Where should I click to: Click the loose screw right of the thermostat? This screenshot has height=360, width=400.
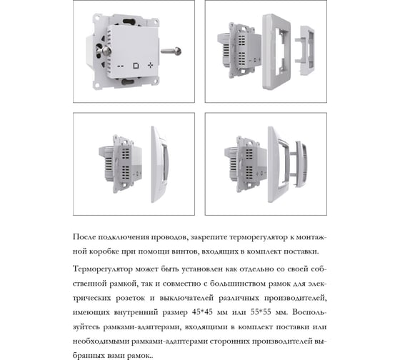pyautogui.click(x=171, y=51)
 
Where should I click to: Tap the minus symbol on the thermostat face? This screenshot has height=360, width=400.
pyautogui.click(x=121, y=66)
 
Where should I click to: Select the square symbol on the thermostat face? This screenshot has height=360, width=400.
pyautogui.click(x=136, y=66)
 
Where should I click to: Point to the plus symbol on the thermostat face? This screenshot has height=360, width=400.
pyautogui.click(x=150, y=65)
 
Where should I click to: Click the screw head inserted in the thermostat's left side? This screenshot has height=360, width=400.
pyautogui.click(x=106, y=51)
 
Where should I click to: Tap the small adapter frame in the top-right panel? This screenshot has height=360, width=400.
pyautogui.click(x=305, y=50)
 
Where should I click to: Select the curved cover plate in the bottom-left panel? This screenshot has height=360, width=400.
pyautogui.click(x=160, y=164)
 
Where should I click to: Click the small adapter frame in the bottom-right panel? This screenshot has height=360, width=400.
pyautogui.click(x=301, y=164)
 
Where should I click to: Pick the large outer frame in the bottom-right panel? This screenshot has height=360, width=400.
pyautogui.click(x=279, y=164)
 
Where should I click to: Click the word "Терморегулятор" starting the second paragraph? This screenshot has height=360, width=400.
pyautogui.click(x=103, y=269)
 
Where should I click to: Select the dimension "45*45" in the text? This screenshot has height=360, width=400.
pyautogui.click(x=202, y=312)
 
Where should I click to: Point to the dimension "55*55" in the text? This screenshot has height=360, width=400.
pyautogui.click(x=261, y=312)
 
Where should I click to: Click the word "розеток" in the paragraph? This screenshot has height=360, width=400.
pyautogui.click(x=130, y=298)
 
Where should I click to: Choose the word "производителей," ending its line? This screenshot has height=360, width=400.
pyautogui.click(x=295, y=298)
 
